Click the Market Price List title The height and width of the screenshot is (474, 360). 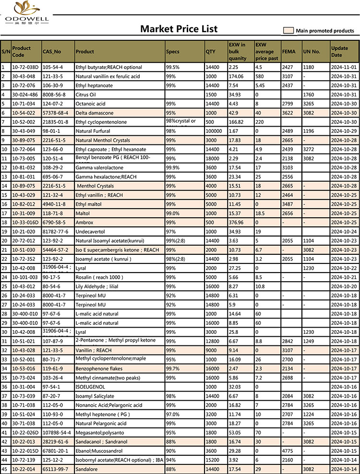tap(179, 29)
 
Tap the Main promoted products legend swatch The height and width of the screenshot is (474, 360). tap(288, 31)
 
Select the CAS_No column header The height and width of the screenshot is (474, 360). tap(52, 51)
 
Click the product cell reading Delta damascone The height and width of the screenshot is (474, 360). tap(94, 113)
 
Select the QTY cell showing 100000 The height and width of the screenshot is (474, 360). tap(214, 131)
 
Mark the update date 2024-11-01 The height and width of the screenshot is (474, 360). tap(343, 67)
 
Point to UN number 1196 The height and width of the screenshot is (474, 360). tap(309, 131)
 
